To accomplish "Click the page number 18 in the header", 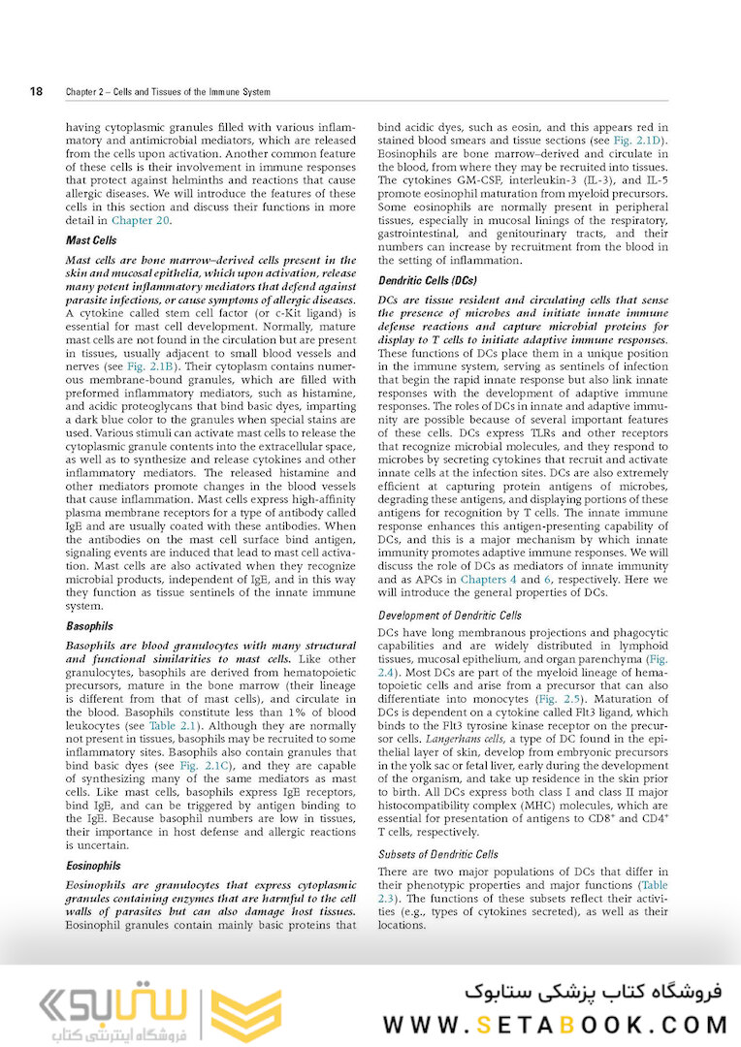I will click(x=36, y=92).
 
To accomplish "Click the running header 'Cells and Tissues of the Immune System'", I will click(x=193, y=93).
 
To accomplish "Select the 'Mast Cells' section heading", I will click(x=92, y=239).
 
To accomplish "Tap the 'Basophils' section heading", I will click(x=90, y=626).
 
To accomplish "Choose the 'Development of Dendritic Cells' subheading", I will click(x=449, y=616).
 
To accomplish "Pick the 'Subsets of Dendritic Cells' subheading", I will click(x=438, y=854).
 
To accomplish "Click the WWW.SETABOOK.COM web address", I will click(x=555, y=1025).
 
